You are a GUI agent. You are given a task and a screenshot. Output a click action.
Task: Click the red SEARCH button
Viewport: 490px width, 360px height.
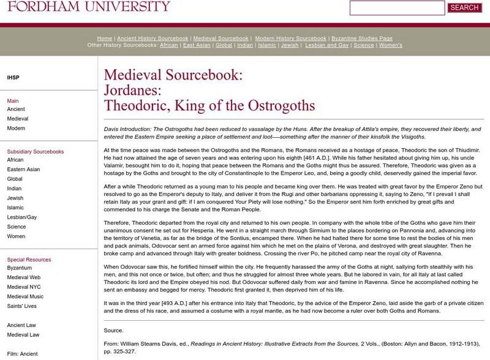click(464, 8)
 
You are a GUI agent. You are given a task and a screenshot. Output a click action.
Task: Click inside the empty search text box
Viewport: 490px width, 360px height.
click(397, 8)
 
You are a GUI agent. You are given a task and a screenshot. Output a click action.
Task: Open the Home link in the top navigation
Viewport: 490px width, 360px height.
click(104, 38)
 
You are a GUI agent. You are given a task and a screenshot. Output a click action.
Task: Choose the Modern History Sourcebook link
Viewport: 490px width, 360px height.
click(290, 38)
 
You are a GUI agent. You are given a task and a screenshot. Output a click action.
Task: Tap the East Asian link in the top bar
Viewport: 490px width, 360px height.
click(197, 45)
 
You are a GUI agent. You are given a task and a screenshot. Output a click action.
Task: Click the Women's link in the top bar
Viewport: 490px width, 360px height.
click(391, 45)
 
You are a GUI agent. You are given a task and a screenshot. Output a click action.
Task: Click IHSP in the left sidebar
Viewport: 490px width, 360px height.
click(13, 78)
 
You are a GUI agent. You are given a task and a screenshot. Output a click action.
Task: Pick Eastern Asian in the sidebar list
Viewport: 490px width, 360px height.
click(23, 168)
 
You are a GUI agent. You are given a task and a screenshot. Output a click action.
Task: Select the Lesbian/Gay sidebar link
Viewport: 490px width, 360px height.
click(22, 217)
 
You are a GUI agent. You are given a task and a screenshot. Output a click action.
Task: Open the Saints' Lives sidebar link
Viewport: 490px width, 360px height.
click(23, 306)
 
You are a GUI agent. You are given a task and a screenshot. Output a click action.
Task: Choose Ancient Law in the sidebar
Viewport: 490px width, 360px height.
click(21, 325)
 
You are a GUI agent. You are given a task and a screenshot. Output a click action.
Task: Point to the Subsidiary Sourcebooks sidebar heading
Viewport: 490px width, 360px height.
click(35, 151)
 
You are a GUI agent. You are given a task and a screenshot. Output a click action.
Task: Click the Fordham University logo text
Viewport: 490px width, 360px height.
click(85, 7)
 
